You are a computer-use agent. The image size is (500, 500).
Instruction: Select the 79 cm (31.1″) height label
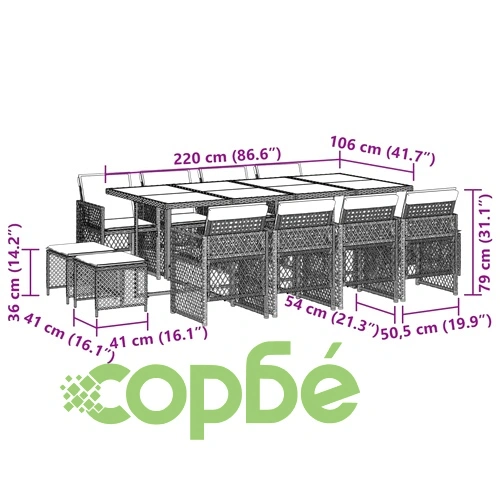[484, 244]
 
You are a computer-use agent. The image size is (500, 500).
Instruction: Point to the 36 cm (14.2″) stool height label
[15, 272]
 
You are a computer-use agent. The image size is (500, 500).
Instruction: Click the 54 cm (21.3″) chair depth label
[331, 316]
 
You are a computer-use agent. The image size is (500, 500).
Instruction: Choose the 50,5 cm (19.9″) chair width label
[436, 327]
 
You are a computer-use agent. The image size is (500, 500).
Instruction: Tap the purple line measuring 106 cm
[377, 166]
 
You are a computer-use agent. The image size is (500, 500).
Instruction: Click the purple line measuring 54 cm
[376, 308]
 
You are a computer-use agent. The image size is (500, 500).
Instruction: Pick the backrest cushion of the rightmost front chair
[431, 196]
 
